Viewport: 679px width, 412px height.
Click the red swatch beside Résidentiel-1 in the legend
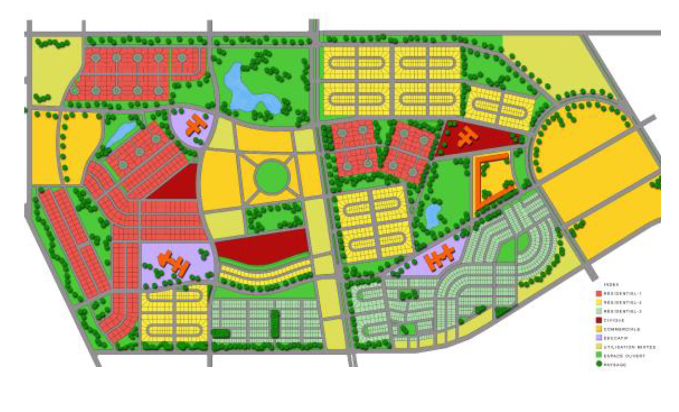(599, 293)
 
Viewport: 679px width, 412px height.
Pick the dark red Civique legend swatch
(599, 320)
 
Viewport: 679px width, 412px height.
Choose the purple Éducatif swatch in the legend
(599, 338)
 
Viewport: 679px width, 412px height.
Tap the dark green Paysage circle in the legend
(599, 364)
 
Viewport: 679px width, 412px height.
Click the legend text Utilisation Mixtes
(630, 347)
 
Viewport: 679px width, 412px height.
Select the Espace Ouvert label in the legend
(625, 356)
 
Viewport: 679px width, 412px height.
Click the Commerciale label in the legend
(624, 329)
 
